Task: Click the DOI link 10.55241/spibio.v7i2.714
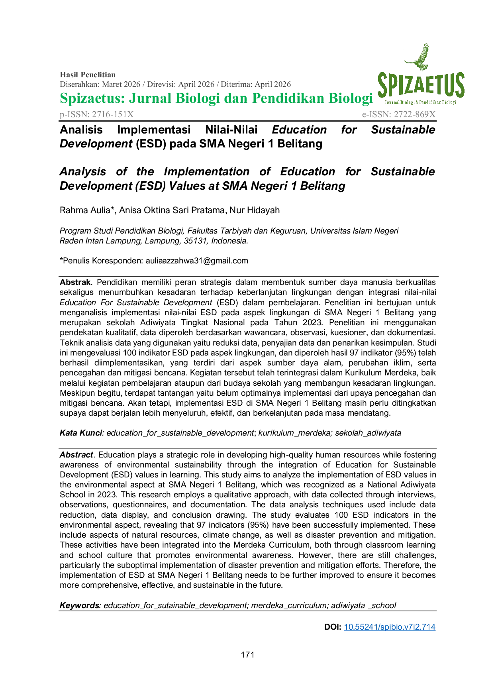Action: click(x=390, y=627)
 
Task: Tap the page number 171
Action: click(x=247, y=655)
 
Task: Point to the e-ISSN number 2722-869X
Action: click(x=415, y=114)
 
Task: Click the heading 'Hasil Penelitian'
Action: click(x=88, y=75)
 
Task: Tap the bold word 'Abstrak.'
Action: click(x=76, y=282)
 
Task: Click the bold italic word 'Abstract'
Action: click(x=76, y=455)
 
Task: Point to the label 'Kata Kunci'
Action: click(x=81, y=433)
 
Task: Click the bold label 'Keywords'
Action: click(x=79, y=605)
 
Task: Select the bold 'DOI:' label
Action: click(x=333, y=627)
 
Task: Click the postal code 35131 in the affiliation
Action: click(x=195, y=241)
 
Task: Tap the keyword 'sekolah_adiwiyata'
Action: click(x=368, y=433)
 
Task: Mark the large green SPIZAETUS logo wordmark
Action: click(x=421, y=85)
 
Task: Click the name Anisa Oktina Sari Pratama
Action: click(x=172, y=210)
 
